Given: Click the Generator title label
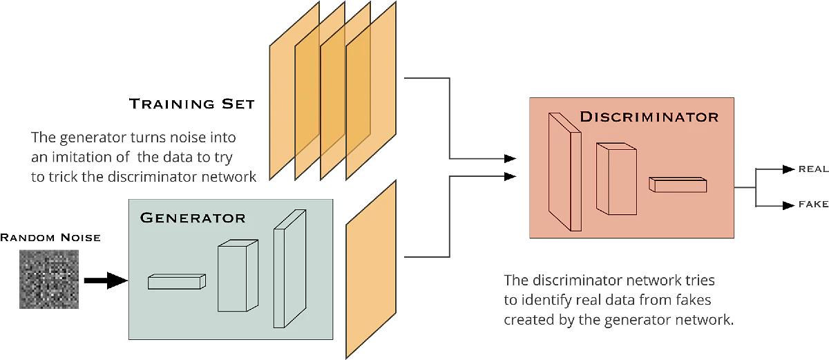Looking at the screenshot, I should point(192,218).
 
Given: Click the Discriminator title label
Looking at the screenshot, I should point(649,117).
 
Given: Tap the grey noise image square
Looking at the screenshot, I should point(49,278).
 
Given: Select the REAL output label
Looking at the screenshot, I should point(813,169).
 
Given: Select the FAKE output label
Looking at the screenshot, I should point(813,205).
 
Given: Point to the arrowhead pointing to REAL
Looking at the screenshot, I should point(788,169).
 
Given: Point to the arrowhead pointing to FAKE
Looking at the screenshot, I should point(788,205).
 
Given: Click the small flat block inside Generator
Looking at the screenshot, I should point(177,281).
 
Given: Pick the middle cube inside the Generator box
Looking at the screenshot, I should point(237,276).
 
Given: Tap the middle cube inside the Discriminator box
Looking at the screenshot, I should point(616,178).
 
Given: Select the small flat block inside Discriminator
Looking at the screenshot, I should point(677,184).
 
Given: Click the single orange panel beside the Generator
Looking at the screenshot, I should point(370,269).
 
